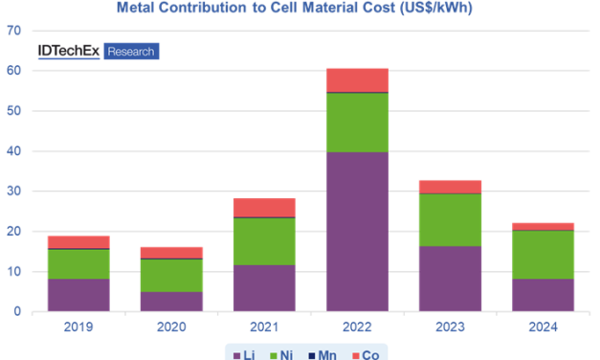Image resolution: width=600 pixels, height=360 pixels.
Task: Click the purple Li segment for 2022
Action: (357, 232)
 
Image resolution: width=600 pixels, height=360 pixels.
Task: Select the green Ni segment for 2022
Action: (357, 123)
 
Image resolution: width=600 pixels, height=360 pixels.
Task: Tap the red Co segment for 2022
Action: (357, 79)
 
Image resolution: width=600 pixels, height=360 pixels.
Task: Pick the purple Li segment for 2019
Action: (78, 295)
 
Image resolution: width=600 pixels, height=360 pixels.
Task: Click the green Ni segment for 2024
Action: (543, 255)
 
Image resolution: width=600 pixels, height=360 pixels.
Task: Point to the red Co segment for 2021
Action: (264, 208)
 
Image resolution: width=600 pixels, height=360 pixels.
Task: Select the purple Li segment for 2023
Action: (450, 279)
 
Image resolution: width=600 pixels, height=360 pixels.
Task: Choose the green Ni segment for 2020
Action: (171, 275)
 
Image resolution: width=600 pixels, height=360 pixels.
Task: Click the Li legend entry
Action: (245, 353)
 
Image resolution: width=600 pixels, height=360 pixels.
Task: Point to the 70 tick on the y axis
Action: (14, 31)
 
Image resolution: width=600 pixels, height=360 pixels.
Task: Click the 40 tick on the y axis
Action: (14, 151)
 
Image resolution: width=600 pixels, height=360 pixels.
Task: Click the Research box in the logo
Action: (131, 52)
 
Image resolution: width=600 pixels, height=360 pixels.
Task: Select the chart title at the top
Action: (300, 8)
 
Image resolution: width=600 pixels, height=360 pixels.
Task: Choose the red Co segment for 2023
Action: (450, 186)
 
